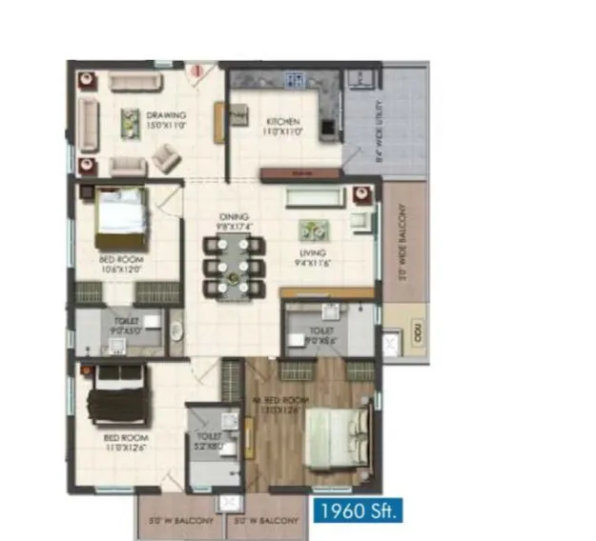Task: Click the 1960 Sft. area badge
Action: tap(359, 511)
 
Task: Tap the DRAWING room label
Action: tap(166, 120)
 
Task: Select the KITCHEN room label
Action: tap(283, 127)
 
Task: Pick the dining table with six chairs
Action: tap(233, 266)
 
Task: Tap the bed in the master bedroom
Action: tap(336, 436)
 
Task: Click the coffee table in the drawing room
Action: tap(131, 122)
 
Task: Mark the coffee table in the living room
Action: tap(311, 230)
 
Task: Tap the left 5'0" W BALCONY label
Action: tap(180, 521)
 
